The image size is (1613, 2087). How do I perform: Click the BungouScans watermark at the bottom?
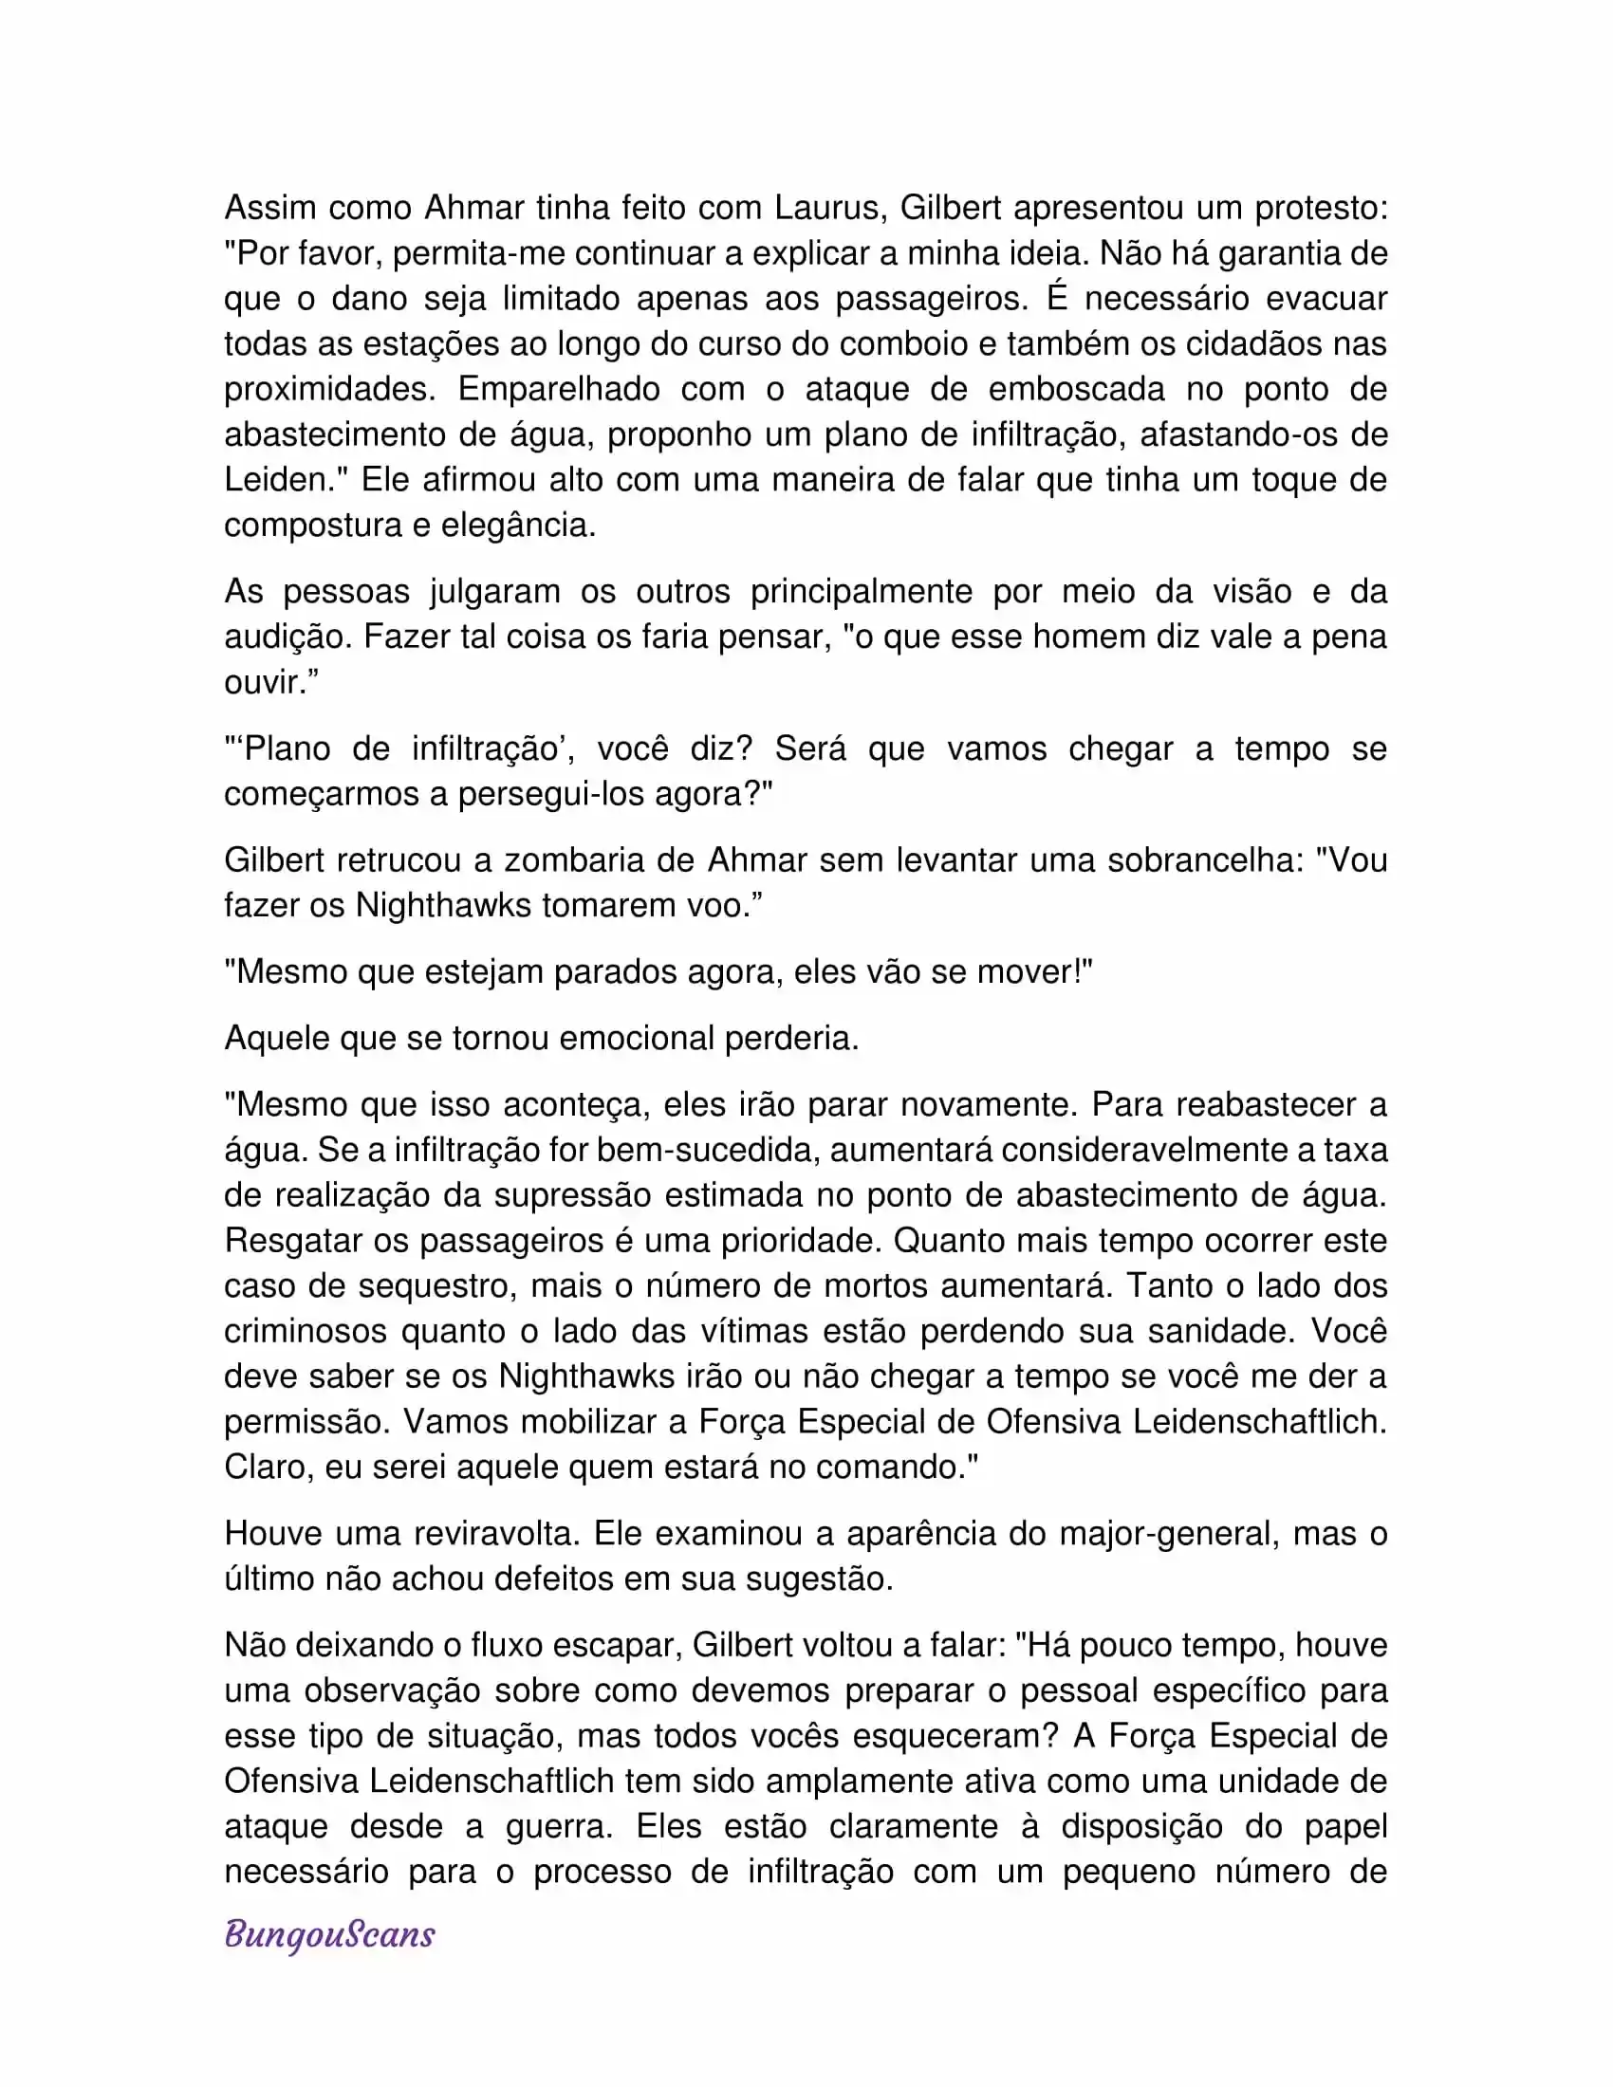329,1935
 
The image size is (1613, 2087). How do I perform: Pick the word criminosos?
305,1331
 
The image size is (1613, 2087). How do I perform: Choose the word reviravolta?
496,1534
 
